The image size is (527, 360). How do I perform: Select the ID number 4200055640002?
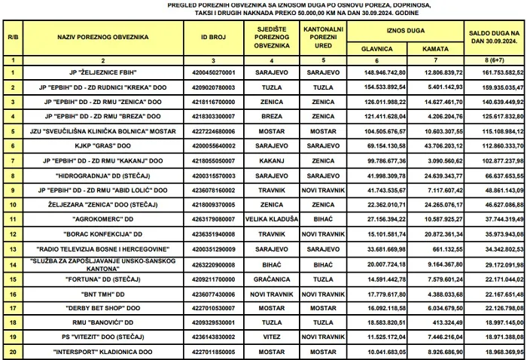pyautogui.click(x=213, y=145)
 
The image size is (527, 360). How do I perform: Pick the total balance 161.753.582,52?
pyautogui.click(x=495, y=72)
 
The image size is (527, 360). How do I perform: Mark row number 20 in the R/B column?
pyautogui.click(x=13, y=352)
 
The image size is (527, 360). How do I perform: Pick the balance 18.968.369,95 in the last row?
pyautogui.click(x=495, y=352)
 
